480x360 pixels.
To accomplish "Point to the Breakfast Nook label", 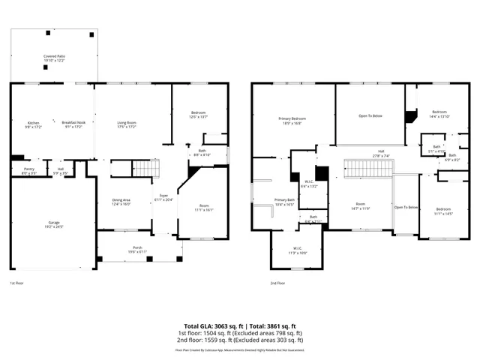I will pyautogui.click(x=73, y=124).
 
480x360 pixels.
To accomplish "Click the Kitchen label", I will pyautogui.click(x=34, y=124).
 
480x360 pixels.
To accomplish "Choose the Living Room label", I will pyautogui.click(x=126, y=124).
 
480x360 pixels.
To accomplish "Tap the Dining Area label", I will pyautogui.click(x=121, y=201).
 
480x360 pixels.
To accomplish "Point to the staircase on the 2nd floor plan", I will pyautogui.click(x=368, y=169).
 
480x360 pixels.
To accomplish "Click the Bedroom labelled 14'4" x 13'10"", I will pyautogui.click(x=439, y=112).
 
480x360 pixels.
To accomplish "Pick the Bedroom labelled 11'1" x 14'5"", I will pyautogui.click(x=443, y=211).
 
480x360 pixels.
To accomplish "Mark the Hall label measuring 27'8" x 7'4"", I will pyautogui.click(x=381, y=154).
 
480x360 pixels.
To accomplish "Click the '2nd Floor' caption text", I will pyautogui.click(x=277, y=283).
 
